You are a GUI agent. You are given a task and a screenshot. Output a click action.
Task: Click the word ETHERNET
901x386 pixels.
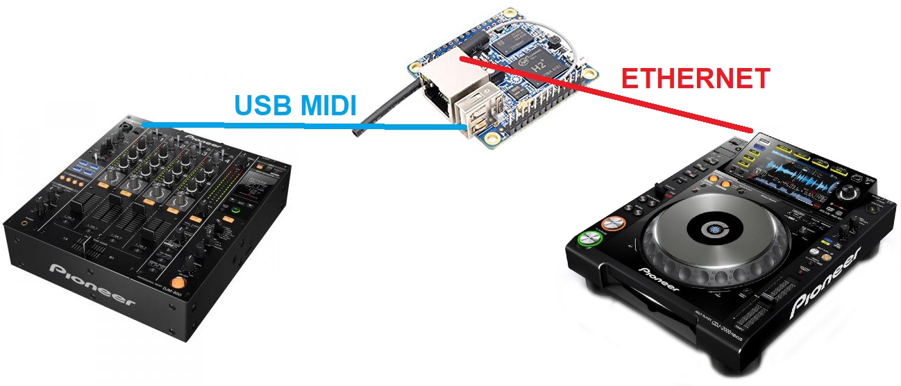tap(695, 78)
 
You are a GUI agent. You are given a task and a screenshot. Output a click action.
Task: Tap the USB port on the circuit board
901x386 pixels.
tap(479, 115)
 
